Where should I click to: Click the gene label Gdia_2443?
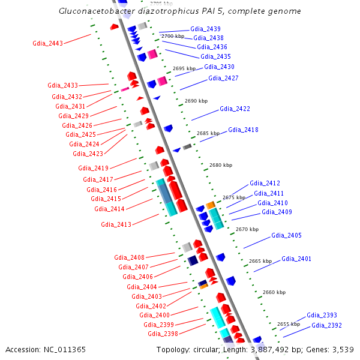(47, 43)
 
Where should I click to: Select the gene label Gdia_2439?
(205, 29)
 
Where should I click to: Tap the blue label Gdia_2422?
(235, 109)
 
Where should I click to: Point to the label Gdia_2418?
(243, 130)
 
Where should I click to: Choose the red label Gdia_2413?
(116, 224)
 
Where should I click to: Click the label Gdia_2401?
(296, 259)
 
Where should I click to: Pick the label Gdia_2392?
(326, 325)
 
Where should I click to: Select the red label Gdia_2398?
(163, 334)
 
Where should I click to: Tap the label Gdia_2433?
(63, 86)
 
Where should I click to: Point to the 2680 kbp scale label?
(220, 165)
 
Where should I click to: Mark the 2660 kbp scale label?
(274, 292)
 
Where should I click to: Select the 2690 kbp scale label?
(196, 101)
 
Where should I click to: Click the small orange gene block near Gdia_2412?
(211, 205)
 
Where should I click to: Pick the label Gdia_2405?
(286, 235)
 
